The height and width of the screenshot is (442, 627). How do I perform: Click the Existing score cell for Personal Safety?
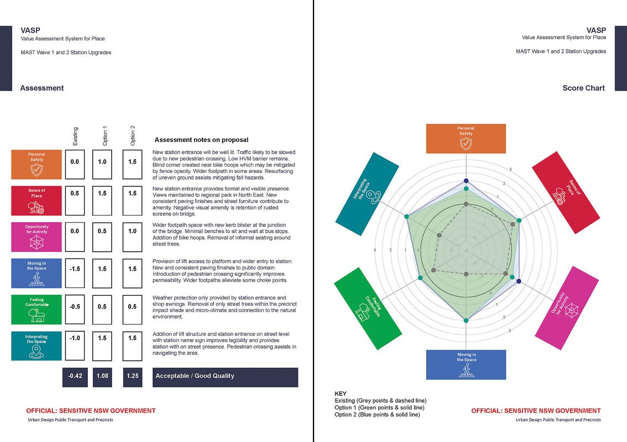tap(75, 164)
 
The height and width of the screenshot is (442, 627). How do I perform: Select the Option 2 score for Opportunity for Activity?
tap(133, 236)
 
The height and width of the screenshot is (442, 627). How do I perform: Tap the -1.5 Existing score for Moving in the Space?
tap(75, 273)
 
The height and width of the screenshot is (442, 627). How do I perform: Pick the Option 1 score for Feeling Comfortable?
tap(102, 309)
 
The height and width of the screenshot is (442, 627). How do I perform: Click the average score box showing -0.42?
tap(75, 376)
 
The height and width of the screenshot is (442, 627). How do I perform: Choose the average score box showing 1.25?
tap(133, 376)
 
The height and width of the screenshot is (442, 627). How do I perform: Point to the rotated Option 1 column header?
tap(104, 136)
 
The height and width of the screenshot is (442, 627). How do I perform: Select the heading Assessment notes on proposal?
tap(201, 140)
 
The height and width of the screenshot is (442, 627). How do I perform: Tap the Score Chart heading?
tap(583, 88)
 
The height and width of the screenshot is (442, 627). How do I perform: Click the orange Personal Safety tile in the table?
tap(36, 164)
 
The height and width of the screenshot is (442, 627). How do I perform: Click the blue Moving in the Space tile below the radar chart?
tap(466, 365)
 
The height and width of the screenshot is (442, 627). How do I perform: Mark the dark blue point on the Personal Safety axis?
tap(466, 181)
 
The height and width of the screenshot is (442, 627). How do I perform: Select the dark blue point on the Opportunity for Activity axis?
tap(518, 282)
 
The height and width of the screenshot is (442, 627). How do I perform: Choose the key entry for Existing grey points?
tap(380, 401)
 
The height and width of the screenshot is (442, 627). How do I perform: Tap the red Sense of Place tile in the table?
tap(36, 200)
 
